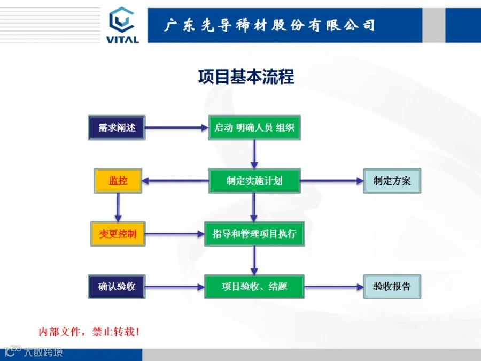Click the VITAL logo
coord(123,25)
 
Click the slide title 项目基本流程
coord(246,76)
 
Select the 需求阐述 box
coord(117,128)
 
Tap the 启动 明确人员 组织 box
coord(254,128)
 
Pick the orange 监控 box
coord(118,181)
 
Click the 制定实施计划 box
coord(254,181)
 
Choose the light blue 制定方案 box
coord(392,181)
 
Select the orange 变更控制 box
coord(118,234)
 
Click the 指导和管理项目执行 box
coord(254,234)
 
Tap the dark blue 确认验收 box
coord(117,287)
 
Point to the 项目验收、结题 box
coord(254,287)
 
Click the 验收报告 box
coord(392,287)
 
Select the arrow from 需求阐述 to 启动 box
coord(176,128)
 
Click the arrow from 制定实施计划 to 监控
coord(175,181)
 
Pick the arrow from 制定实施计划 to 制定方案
coord(332,181)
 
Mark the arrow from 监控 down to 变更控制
coord(118,207)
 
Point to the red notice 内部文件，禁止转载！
coord(89,332)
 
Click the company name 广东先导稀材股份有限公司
coord(269,25)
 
